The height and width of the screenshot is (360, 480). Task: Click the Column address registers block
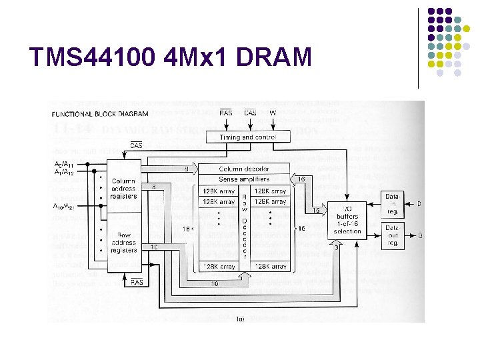pyautogui.click(x=124, y=189)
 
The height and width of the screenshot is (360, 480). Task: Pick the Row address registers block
pyautogui.click(x=124, y=243)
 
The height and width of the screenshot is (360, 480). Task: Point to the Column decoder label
pyautogui.click(x=244, y=169)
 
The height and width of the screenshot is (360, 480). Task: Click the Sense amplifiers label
pyautogui.click(x=244, y=179)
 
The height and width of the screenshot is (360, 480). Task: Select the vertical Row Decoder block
pyautogui.click(x=244, y=227)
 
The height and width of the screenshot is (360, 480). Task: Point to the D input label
pyautogui.click(x=419, y=202)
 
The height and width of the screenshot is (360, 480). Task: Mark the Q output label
pyautogui.click(x=419, y=235)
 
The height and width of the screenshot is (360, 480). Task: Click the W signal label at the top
pyautogui.click(x=273, y=113)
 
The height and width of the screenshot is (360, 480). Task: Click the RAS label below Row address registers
pyautogui.click(x=137, y=282)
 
